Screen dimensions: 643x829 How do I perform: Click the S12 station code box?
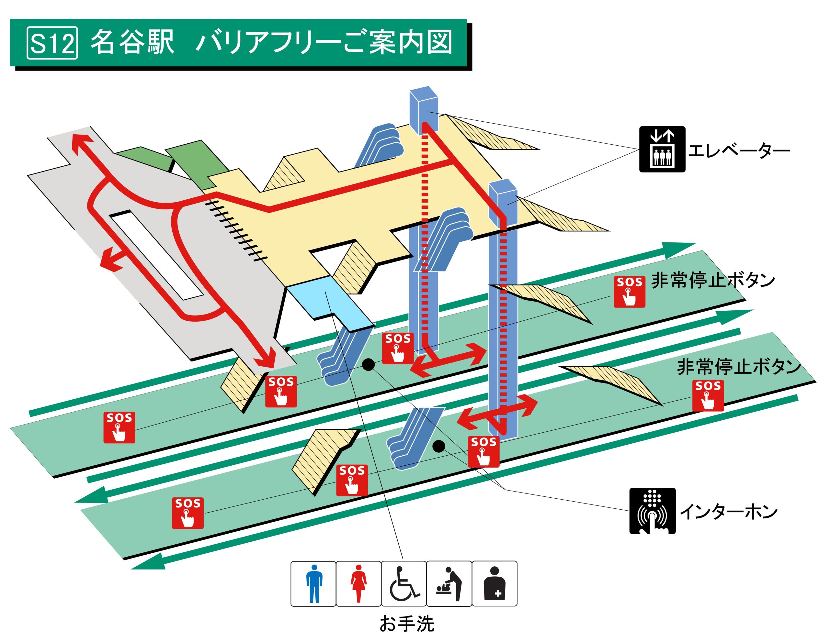click(52, 43)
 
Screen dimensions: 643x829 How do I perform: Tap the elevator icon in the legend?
click(662, 150)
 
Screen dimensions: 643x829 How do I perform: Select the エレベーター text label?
click(739, 150)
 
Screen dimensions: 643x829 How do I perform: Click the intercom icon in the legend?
click(652, 511)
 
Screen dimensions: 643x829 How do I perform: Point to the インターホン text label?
click(729, 512)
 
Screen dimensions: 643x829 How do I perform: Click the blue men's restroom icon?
click(313, 584)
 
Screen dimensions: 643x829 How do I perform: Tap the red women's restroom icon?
click(359, 584)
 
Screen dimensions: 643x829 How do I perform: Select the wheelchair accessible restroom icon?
click(404, 584)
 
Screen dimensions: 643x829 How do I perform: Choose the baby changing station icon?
click(449, 584)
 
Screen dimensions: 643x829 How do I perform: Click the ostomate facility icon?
click(494, 584)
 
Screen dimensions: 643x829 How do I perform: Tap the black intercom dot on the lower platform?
click(439, 446)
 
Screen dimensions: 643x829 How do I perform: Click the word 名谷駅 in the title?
click(132, 42)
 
